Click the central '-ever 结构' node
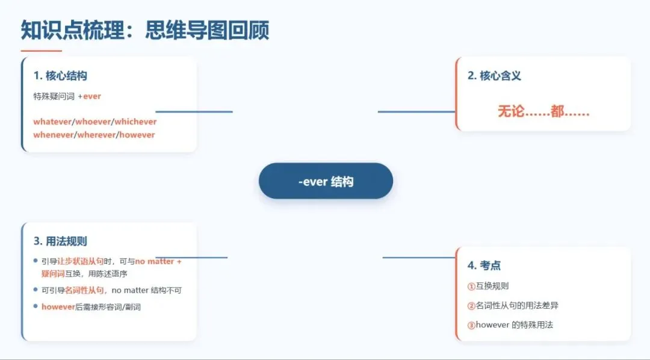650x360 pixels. coord(326,181)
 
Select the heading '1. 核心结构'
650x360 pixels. coord(60,76)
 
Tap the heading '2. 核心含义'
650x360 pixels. coord(494,76)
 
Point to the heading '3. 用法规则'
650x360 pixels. coord(60,241)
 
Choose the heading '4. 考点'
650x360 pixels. coord(484,265)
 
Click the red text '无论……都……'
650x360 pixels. coord(543,111)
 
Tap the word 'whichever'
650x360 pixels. coord(135,122)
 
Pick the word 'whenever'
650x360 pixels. coord(53,135)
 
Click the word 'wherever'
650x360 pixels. coord(96,135)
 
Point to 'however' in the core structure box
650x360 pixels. coord(137,135)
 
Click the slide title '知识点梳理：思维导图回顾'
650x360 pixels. coord(145,29)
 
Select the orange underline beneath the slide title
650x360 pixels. coord(41,51)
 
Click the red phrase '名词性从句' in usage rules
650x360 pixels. coord(84,290)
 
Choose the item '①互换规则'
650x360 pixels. coord(488,286)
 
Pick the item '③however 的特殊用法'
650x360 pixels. coord(510,325)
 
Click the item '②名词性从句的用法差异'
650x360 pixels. coord(513,305)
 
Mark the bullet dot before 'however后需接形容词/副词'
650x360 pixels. coord(36,307)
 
